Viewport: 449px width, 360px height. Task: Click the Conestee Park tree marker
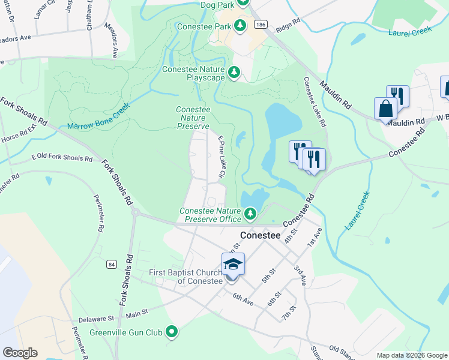(x=240, y=25)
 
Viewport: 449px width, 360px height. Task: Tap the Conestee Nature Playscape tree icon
(x=234, y=73)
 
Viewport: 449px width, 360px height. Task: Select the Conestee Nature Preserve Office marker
(x=250, y=213)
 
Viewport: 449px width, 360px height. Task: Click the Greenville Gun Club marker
(x=172, y=331)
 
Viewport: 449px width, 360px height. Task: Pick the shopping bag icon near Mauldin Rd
(x=385, y=109)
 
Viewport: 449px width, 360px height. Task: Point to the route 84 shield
(x=112, y=264)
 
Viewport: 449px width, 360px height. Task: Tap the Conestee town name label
(x=260, y=236)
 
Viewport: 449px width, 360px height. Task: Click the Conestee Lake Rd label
(x=315, y=101)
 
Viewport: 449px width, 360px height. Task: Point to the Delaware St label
(x=94, y=320)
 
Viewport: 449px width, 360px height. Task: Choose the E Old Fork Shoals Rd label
(x=62, y=158)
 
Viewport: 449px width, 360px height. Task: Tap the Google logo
(x=20, y=353)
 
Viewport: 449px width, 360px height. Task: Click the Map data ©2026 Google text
(x=411, y=355)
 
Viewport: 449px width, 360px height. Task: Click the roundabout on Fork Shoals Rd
(x=136, y=212)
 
